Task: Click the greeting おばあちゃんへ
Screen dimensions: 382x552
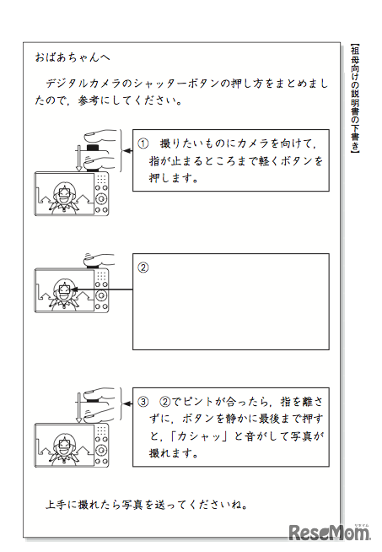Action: [73, 57]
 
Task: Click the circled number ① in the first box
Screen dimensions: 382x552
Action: [143, 143]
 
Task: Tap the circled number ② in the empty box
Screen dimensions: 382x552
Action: [143, 268]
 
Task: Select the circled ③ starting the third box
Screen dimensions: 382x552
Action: [143, 402]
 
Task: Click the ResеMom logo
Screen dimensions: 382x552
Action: [330, 533]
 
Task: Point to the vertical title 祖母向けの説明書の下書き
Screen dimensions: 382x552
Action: [355, 99]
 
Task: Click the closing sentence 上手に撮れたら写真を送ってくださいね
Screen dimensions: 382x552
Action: [147, 505]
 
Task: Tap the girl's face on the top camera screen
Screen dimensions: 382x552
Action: [64, 196]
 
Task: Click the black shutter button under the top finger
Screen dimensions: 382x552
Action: [93, 148]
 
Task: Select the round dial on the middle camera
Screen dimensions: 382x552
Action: [101, 295]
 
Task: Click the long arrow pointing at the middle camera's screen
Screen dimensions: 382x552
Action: [102, 290]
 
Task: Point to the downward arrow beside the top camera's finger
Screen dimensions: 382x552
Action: [78, 158]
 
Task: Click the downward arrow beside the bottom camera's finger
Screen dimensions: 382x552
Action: [78, 408]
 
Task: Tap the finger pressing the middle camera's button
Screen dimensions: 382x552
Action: [99, 261]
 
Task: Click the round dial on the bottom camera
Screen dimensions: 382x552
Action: [101, 450]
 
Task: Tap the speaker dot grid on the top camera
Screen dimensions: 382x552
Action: [101, 179]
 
